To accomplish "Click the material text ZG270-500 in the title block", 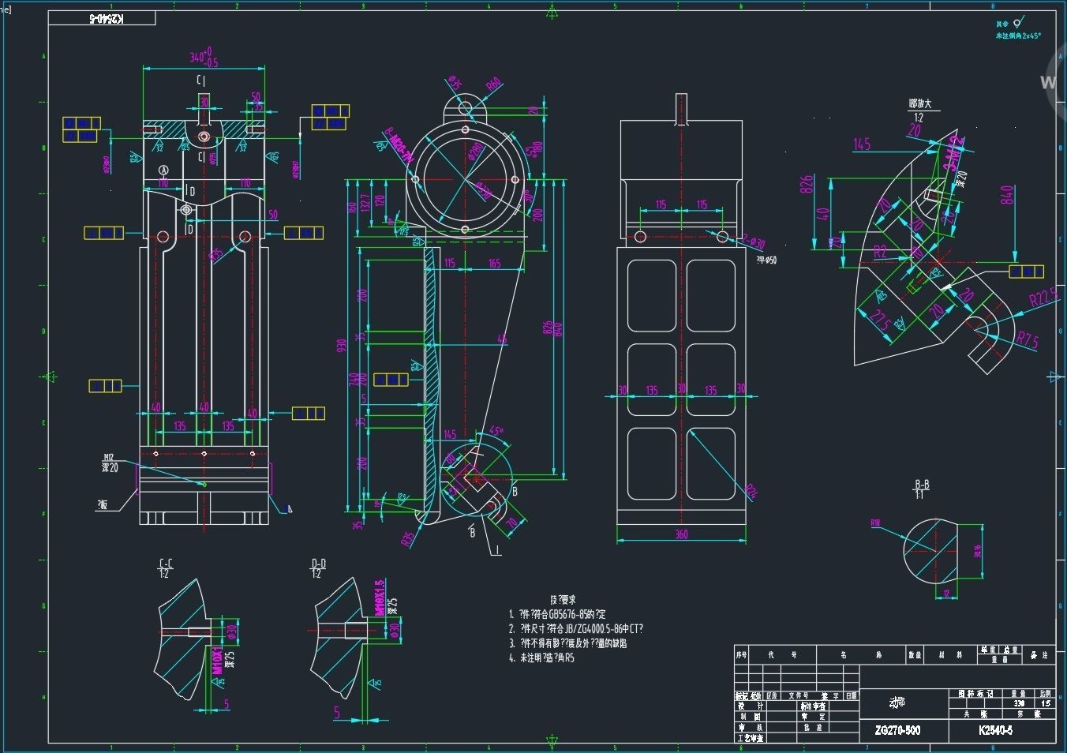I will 897,730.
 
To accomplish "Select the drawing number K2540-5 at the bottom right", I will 995,730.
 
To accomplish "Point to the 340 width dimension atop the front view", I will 203,58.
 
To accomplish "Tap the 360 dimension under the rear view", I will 681,534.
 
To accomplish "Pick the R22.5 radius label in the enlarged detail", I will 1043,298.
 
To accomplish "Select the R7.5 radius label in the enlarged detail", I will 1027,340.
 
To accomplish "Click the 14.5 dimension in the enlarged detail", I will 861,144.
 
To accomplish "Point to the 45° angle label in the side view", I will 496,431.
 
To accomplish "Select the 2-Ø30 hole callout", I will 753,242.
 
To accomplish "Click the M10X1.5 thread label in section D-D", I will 379,598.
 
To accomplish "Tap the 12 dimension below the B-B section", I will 947,594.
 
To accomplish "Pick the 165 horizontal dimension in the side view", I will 494,263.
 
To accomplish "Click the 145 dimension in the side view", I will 449,434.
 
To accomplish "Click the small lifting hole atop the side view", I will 465,107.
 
